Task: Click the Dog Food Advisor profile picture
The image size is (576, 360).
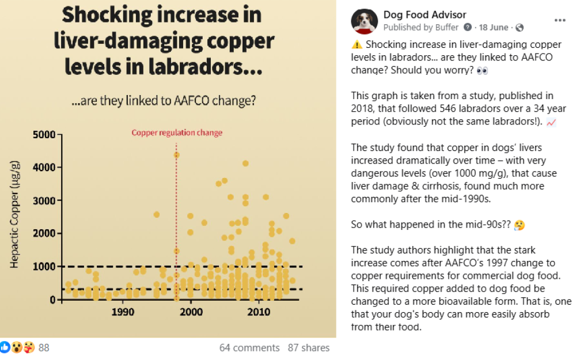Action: pos(364,21)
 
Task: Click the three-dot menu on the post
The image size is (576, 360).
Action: pos(559,20)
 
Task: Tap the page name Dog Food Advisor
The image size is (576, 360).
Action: pos(425,15)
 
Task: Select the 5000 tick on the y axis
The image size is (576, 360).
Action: pos(43,135)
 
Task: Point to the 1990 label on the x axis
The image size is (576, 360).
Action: pos(123,312)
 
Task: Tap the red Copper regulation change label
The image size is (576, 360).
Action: pos(177,132)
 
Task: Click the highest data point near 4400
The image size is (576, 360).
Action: pos(176,155)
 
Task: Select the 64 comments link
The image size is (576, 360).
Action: pos(249,348)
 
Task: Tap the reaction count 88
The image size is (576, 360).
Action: pos(44,348)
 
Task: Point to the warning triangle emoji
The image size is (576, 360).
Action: pos(357,44)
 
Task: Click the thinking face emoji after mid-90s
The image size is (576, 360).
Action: pos(519,225)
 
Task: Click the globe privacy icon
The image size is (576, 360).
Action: pos(520,27)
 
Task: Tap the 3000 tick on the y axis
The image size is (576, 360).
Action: pos(43,200)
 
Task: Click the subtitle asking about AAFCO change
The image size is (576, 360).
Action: pos(164,101)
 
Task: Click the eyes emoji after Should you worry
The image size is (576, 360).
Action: pos(482,70)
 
